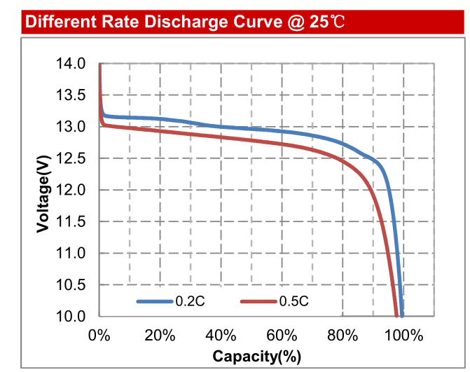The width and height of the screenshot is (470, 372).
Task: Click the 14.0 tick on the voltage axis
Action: (x=73, y=64)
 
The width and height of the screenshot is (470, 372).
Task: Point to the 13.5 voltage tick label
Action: (x=73, y=95)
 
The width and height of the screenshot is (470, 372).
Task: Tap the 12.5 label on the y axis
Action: (x=73, y=158)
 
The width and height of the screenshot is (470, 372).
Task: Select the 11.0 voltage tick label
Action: (x=73, y=253)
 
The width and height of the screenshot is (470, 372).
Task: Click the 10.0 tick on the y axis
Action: (x=73, y=316)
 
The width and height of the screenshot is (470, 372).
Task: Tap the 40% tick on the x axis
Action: (x=221, y=334)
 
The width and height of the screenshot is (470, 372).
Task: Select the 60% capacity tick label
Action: (x=282, y=334)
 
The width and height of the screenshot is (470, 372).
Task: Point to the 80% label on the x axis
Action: (x=343, y=334)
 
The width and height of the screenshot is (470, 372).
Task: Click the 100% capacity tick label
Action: (x=403, y=334)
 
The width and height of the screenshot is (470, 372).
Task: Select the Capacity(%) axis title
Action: (x=256, y=356)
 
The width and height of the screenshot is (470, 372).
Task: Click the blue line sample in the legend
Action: (x=154, y=301)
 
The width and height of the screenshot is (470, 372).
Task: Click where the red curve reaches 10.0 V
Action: (x=396, y=315)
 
